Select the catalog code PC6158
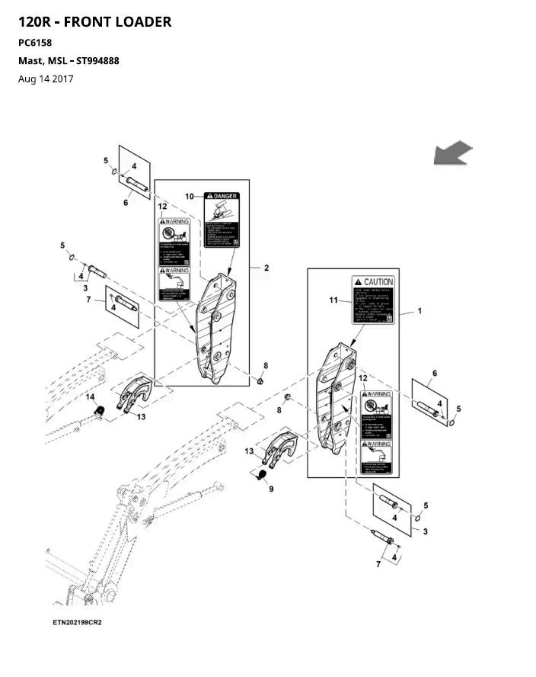[x=34, y=43]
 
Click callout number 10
[x=189, y=197]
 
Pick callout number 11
[x=333, y=300]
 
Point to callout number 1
[x=419, y=312]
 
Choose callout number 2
[x=266, y=268]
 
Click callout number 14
[x=90, y=397]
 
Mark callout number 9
[x=270, y=489]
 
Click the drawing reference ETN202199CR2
[x=77, y=622]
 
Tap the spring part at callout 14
[x=98, y=412]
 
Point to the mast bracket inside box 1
[x=337, y=400]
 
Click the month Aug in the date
[x=27, y=79]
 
